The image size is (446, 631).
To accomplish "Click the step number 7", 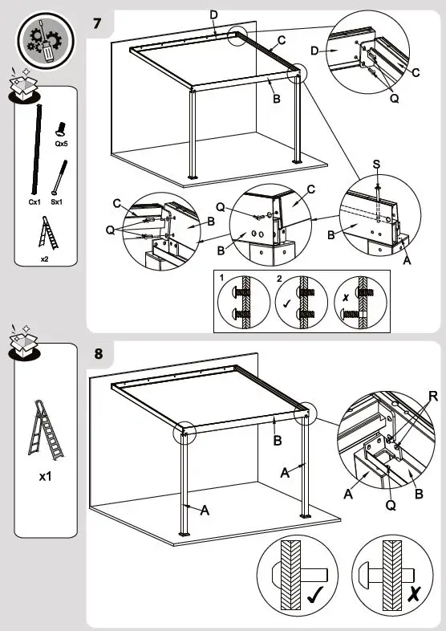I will click(98, 22).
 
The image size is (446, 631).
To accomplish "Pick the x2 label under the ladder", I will click(45, 259).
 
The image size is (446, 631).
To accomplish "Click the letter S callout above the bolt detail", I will click(377, 165).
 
